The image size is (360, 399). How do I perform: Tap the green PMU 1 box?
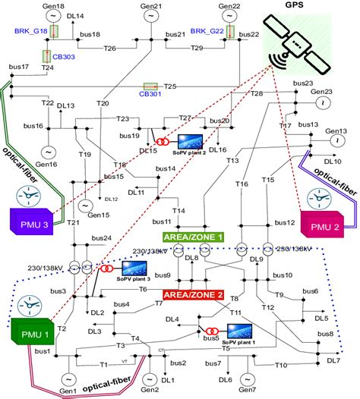click(x=28, y=329)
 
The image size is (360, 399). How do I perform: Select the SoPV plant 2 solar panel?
click(x=188, y=140)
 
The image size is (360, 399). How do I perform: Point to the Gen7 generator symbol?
click(x=245, y=379)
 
